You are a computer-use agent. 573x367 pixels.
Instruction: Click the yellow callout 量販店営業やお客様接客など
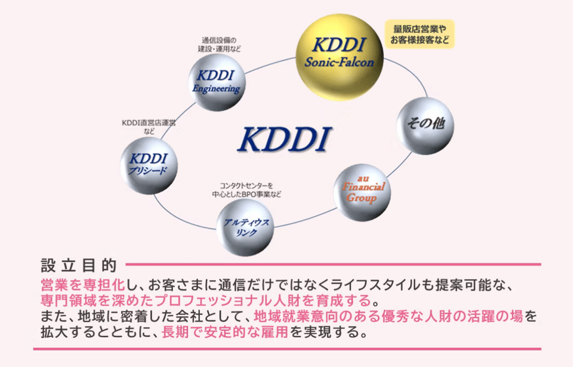pyautogui.click(x=420, y=34)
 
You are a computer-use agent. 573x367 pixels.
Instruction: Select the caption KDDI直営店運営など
pyautogui.click(x=149, y=127)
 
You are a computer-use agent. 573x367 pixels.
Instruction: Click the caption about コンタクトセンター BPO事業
pyautogui.click(x=246, y=190)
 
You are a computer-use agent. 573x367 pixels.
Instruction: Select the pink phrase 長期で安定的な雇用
pyautogui.click(x=226, y=332)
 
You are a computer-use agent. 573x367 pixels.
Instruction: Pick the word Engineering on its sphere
pyautogui.click(x=216, y=88)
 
